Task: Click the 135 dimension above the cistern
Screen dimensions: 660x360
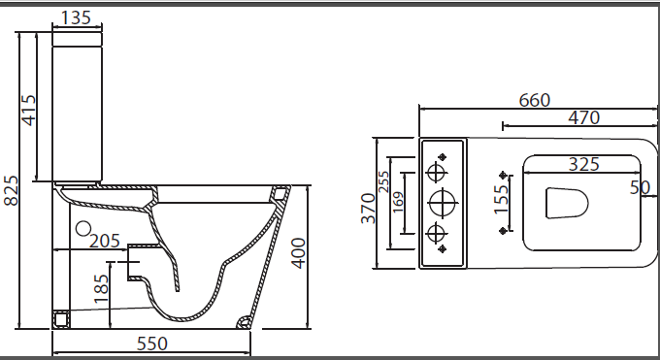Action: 76,17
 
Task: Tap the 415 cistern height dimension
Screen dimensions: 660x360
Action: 29,111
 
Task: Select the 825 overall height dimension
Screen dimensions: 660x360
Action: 11,191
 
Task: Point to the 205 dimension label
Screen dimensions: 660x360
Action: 105,242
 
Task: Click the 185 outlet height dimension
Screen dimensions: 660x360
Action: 101,288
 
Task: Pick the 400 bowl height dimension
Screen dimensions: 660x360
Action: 298,253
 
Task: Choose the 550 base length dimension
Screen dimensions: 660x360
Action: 152,344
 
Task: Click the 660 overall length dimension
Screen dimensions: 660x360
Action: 534,100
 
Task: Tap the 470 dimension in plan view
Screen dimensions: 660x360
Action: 584,117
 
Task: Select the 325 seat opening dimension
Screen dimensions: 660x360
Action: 584,164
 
